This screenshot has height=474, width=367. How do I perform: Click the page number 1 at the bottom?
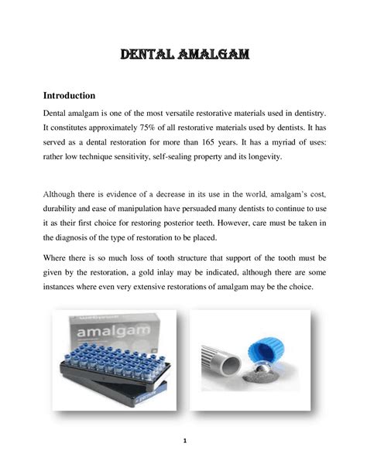click(x=183, y=442)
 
